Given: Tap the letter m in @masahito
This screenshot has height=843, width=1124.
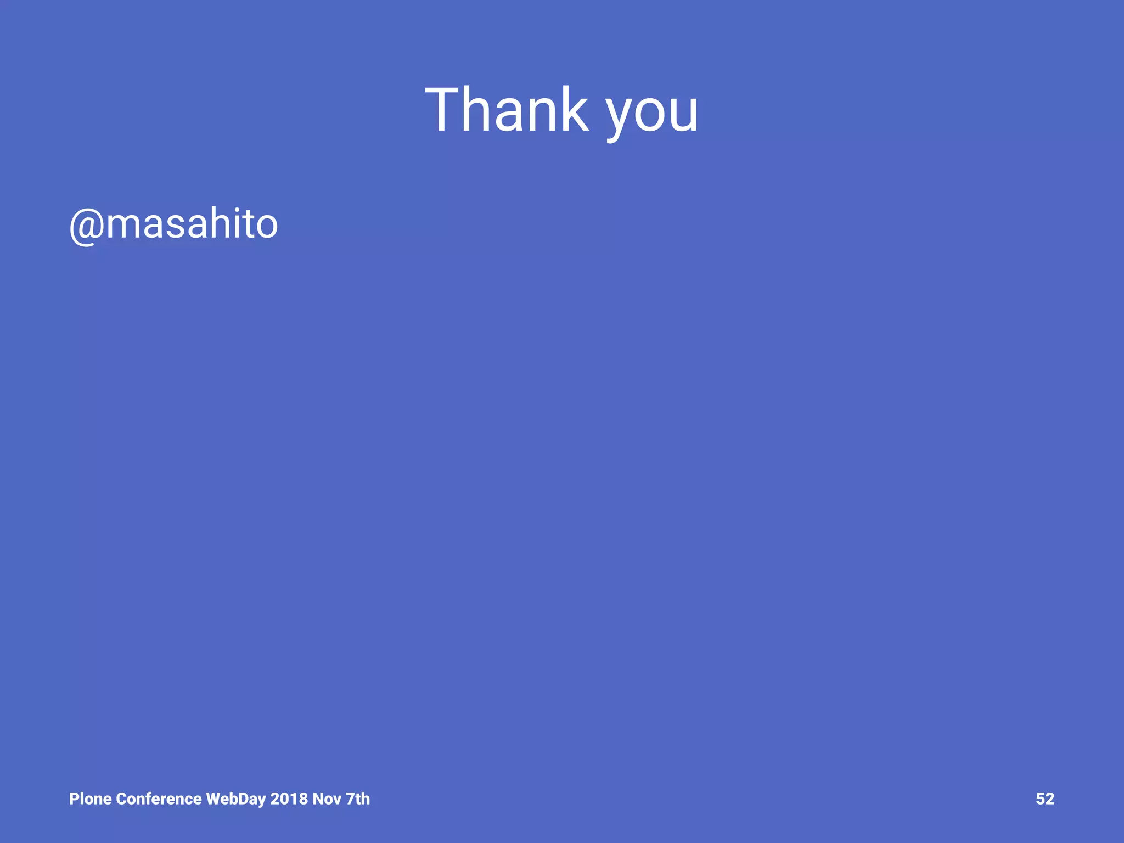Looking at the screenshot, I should [125, 225].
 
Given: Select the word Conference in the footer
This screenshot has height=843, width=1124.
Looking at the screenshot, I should [159, 799].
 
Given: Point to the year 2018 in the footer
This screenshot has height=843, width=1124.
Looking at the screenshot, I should [289, 799].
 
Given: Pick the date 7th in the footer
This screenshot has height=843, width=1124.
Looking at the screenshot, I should [357, 799].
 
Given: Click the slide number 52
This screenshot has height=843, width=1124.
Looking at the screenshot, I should [1045, 799].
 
